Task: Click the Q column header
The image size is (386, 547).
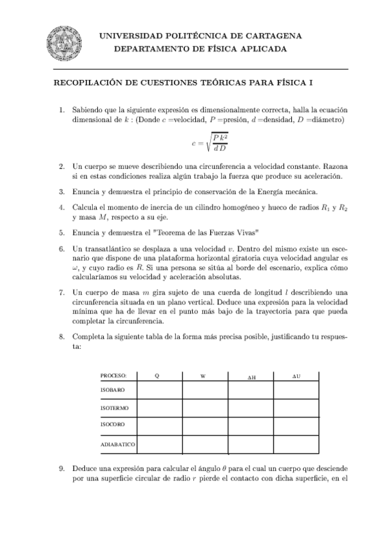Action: [160, 375]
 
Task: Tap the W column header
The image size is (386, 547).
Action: [204, 375]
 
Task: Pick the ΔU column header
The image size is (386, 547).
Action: [296, 375]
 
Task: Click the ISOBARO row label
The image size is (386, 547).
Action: [113, 391]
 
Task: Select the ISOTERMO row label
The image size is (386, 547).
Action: [114, 408]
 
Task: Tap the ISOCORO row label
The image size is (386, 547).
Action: [113, 425]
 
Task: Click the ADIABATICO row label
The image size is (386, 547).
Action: [117, 445]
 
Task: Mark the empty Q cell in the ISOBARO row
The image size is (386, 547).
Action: [160, 390]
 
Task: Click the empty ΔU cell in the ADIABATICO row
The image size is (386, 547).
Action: [296, 444]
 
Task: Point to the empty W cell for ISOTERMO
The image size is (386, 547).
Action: [204, 408]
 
